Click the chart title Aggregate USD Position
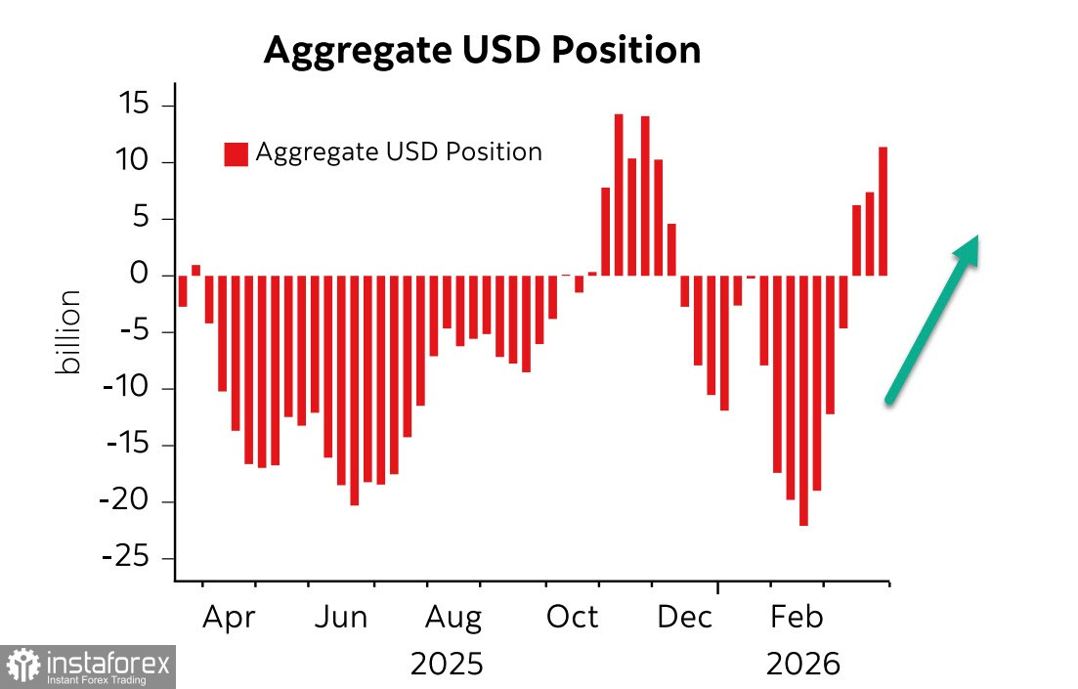(x=482, y=50)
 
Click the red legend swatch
(x=236, y=153)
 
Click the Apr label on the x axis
(x=229, y=618)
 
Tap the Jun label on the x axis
(x=341, y=618)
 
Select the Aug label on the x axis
(x=453, y=618)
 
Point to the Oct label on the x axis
(x=571, y=618)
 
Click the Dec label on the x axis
(x=684, y=618)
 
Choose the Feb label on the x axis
(x=797, y=618)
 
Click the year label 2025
(x=447, y=665)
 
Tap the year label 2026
(x=803, y=665)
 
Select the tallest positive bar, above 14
(x=619, y=194)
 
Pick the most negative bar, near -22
(x=803, y=401)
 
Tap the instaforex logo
(x=88, y=667)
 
